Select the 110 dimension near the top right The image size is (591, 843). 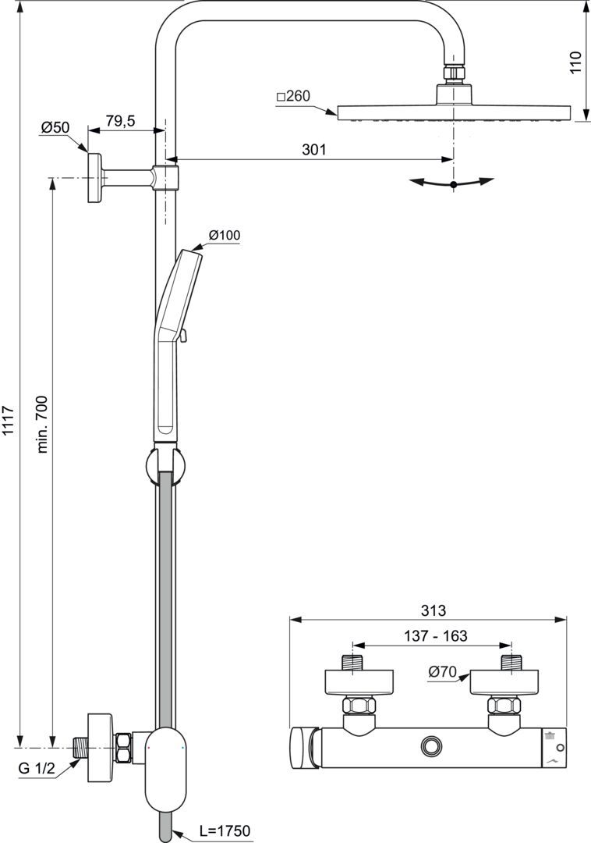tap(575, 62)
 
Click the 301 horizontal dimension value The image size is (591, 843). tap(313, 149)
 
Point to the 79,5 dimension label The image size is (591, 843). tap(121, 120)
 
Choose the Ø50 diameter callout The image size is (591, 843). tap(56, 126)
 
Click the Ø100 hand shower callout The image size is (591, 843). tap(225, 235)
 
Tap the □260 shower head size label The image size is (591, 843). tap(293, 96)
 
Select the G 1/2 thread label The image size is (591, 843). tap(37, 768)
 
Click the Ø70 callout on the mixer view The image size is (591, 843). tap(442, 670)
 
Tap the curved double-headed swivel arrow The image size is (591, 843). tap(453, 183)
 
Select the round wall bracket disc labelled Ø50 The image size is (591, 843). tap(95, 178)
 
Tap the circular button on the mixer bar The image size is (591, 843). tap(430, 745)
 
